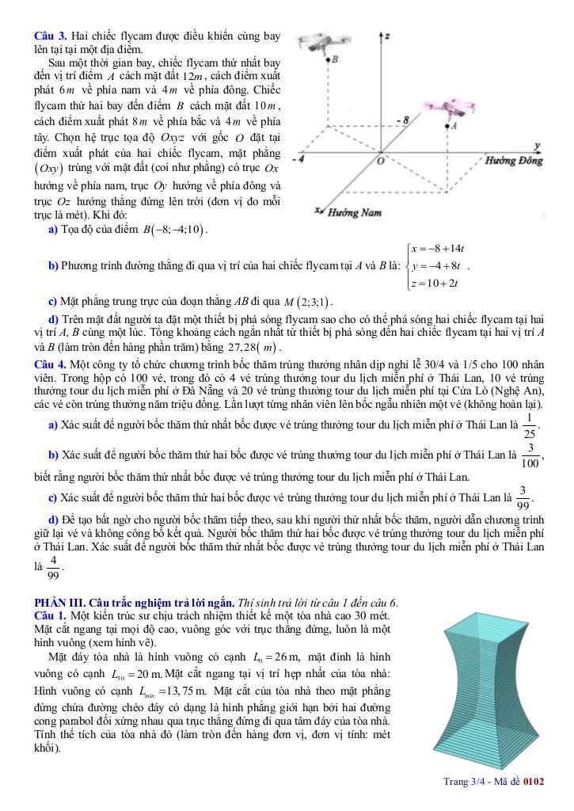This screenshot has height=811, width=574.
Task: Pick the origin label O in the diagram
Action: (x=380, y=161)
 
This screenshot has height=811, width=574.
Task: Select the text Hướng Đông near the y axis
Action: (x=514, y=161)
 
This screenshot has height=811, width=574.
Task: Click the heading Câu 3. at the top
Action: (x=51, y=36)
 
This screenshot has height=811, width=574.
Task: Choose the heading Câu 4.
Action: (x=51, y=364)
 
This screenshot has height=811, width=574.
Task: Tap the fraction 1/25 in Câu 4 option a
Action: (x=529, y=425)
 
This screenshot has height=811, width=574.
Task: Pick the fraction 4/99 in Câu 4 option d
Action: (x=53, y=568)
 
